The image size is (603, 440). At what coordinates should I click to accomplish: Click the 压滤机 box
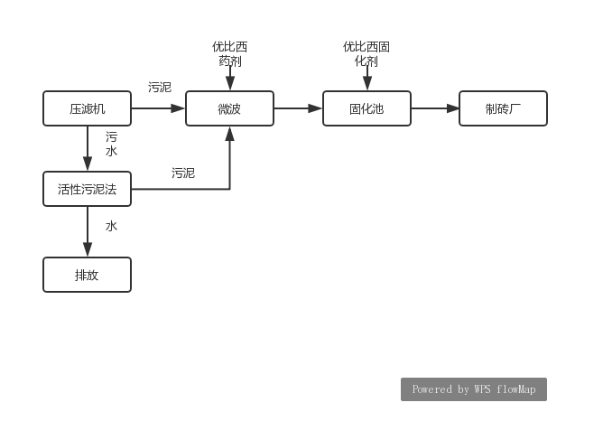(88, 108)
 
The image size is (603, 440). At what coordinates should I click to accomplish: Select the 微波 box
(229, 108)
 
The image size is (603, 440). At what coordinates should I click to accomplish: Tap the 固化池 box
(366, 108)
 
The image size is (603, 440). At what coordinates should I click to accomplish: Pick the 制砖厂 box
(503, 108)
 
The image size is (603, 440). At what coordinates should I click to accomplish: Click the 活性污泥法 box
(88, 189)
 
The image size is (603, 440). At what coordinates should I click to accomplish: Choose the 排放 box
(88, 275)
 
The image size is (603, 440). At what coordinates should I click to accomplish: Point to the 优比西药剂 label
(230, 54)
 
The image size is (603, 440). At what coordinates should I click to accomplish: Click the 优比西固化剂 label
(366, 54)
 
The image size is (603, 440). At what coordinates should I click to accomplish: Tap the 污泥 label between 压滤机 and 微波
(160, 88)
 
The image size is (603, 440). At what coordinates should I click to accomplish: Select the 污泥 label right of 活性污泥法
(183, 173)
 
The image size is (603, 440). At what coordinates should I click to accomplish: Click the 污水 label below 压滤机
(111, 145)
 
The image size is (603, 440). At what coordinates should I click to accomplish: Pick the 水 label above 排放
(111, 226)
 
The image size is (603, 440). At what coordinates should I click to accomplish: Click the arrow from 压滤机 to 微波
(158, 108)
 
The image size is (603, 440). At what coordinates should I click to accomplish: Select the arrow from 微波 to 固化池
(298, 108)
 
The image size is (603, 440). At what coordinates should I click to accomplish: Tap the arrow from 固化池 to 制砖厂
(435, 108)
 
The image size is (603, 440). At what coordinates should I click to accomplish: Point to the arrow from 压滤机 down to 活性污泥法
(88, 148)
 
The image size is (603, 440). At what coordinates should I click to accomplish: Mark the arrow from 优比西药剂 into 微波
(230, 80)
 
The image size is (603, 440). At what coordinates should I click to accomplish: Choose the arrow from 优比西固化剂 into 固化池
(366, 80)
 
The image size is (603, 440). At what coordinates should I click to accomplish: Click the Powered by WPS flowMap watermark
(474, 389)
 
